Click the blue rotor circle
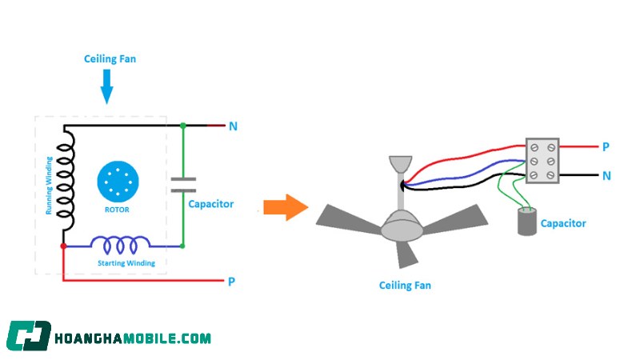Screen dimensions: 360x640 (x=118, y=182)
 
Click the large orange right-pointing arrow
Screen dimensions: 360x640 (x=286, y=208)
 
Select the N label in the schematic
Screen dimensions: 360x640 (x=233, y=126)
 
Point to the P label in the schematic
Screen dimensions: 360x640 (x=231, y=282)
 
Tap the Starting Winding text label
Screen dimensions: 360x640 (x=126, y=262)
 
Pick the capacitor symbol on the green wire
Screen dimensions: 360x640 (x=183, y=186)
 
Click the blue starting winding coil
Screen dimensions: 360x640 (x=120, y=242)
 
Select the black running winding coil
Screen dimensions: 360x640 (x=67, y=178)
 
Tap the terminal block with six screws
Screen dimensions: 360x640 (x=541, y=162)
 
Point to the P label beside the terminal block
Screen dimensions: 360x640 (x=606, y=147)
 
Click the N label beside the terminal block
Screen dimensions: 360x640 (x=606, y=175)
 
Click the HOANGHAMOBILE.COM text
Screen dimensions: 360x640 (x=133, y=338)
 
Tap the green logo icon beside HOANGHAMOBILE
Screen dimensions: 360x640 (x=29, y=337)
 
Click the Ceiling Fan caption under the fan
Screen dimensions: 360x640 (x=405, y=285)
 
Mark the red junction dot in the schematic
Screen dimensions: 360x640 (x=63, y=246)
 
